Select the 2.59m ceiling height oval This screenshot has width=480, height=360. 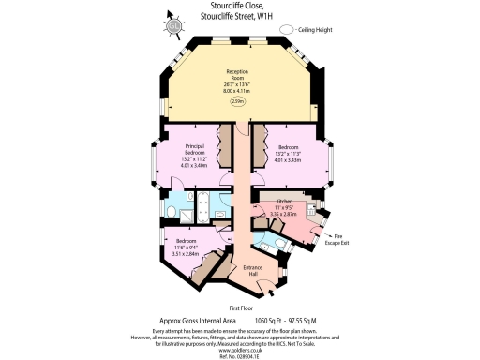tap(239, 100)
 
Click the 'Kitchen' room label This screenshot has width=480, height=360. tap(284, 201)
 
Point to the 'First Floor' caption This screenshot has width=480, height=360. tap(242, 307)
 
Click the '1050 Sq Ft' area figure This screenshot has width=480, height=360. tap(269, 321)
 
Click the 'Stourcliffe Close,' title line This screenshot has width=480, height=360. tap(240, 6)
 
